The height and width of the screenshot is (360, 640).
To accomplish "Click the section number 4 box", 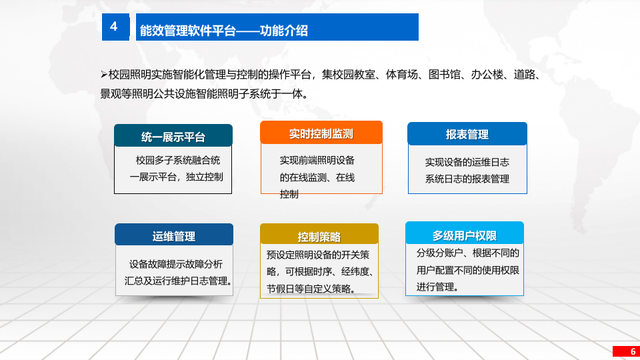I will (114, 27).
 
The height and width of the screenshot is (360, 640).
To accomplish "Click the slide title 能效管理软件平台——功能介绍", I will (223, 31).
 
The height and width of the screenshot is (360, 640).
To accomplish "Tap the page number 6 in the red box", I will (625, 351).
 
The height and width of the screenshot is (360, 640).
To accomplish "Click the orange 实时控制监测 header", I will (321, 133).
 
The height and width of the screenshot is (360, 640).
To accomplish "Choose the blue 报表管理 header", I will (467, 135).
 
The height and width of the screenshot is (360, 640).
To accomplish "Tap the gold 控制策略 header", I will (319, 237).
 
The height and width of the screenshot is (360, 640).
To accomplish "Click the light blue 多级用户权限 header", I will (464, 235).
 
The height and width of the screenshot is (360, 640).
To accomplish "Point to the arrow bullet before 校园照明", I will (103, 73).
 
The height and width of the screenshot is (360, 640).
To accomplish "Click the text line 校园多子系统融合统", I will (178, 160).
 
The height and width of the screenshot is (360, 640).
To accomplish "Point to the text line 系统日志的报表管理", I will (467, 179).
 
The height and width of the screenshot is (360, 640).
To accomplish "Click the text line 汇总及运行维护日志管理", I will (177, 281).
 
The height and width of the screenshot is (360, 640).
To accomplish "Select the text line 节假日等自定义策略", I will (310, 289).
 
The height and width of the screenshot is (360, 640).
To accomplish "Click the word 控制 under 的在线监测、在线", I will (289, 194).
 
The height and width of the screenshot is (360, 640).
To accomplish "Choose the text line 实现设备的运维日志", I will (467, 162).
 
